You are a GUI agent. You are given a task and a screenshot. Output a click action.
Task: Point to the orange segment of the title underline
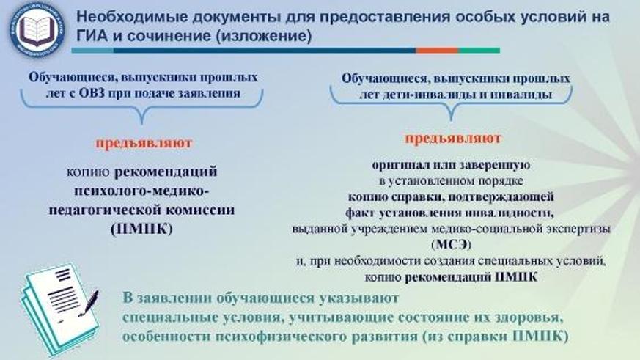(x=426, y=51)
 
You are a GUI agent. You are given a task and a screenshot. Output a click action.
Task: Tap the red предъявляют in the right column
(x=453, y=138)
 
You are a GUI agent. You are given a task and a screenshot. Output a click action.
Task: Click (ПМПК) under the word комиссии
(x=143, y=228)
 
